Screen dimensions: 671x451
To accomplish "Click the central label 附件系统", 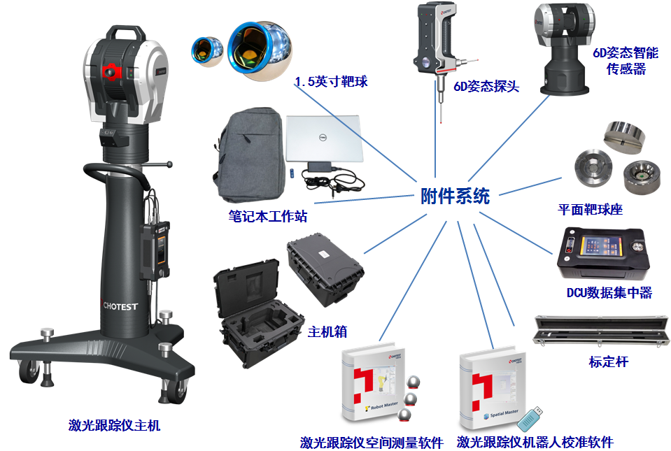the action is point(455,196).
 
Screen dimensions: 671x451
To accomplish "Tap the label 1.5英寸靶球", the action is point(331,81).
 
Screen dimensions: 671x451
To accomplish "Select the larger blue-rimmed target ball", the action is point(260,50).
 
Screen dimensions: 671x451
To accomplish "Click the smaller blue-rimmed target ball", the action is point(207,51).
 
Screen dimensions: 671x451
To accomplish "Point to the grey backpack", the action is point(248,155).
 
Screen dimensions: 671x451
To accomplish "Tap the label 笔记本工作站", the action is point(268,216).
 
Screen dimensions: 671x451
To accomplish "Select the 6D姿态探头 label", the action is point(486,86).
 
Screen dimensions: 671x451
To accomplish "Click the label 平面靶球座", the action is point(590,209).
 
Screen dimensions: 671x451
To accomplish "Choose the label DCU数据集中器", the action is point(609,292).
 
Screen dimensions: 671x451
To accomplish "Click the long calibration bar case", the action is point(601,331).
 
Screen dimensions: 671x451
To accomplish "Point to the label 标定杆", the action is point(609,361).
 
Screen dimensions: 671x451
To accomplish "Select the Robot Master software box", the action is point(374,383).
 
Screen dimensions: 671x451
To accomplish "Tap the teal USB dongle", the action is point(530,419).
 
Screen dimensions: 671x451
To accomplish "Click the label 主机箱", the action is point(327,331).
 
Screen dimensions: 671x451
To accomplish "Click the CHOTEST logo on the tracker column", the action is point(120,306).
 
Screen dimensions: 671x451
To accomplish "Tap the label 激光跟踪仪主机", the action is point(114,425).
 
